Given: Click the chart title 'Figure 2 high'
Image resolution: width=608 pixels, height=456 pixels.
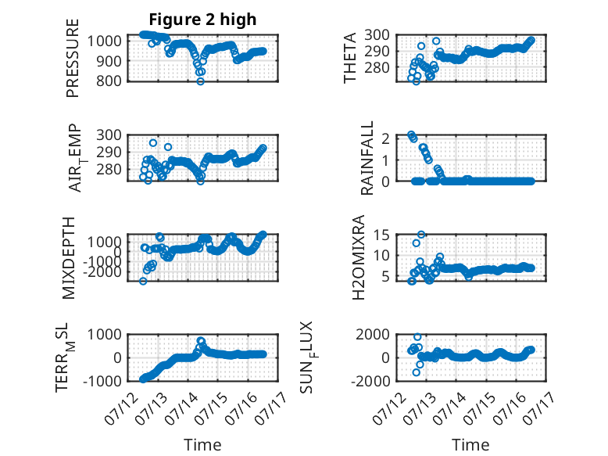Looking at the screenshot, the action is click(202, 20).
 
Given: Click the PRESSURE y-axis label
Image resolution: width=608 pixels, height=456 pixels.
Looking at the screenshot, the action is click(73, 58).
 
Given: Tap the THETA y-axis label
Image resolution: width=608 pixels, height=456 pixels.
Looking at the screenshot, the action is click(350, 58).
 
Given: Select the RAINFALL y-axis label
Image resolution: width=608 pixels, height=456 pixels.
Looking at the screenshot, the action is click(367, 158).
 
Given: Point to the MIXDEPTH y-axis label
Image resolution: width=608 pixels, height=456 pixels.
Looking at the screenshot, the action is click(69, 257).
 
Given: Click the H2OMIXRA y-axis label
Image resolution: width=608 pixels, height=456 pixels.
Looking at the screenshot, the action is click(359, 257).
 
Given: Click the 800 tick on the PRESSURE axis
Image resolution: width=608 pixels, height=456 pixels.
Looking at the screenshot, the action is click(109, 81).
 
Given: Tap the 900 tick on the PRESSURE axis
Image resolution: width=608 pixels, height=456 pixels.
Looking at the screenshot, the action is click(109, 61).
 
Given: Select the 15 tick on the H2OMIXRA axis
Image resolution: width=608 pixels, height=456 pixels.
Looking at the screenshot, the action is click(382, 235).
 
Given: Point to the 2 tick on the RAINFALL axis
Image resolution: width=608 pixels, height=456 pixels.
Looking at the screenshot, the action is click(386, 138).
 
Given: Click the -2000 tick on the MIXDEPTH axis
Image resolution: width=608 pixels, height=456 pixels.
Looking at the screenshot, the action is click(102, 272).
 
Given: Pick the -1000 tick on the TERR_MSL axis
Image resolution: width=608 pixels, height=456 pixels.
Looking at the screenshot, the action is click(102, 381).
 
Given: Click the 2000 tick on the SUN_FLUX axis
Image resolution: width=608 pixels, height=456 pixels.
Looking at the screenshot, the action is click(373, 334).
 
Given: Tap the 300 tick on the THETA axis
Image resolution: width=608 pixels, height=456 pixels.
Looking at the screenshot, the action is click(377, 34).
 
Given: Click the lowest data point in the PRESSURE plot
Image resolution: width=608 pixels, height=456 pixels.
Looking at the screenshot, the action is click(201, 81).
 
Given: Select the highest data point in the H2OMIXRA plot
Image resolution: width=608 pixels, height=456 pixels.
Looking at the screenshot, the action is click(421, 235).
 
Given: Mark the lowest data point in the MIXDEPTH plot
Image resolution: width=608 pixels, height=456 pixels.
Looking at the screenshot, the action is click(143, 281).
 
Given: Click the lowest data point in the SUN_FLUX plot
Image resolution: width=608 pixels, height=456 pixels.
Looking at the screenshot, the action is click(417, 372).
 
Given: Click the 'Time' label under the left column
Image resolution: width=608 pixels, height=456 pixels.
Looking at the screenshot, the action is click(202, 445).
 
